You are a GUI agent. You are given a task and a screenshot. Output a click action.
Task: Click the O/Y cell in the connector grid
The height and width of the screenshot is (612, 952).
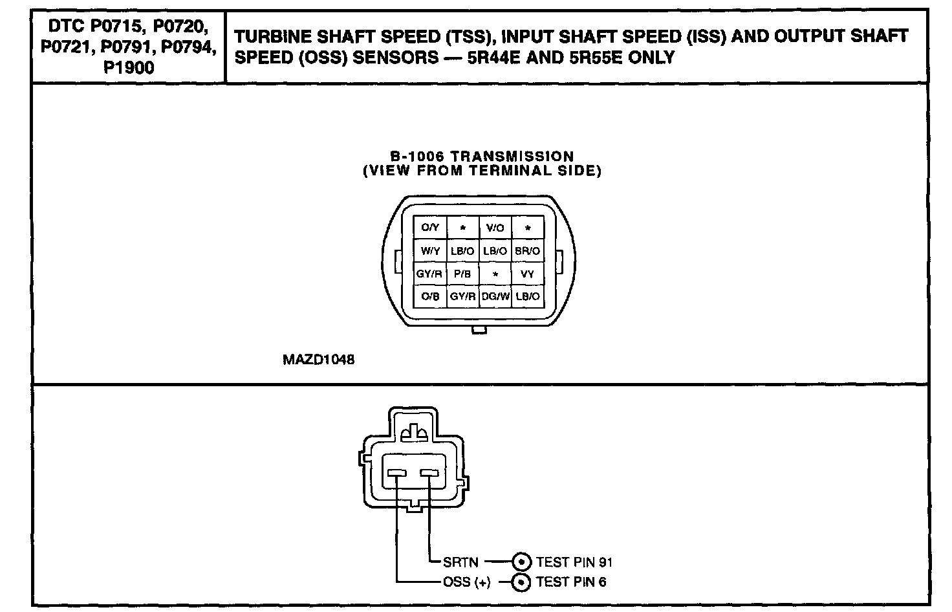(430, 228)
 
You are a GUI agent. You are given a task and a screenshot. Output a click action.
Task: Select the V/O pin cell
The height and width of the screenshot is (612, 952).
(495, 228)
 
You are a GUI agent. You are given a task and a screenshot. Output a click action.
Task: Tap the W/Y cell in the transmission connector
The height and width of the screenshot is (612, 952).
(430, 250)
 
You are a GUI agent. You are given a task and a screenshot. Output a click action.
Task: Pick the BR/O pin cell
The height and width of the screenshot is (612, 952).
(528, 250)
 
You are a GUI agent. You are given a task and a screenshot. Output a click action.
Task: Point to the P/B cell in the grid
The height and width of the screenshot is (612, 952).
(462, 274)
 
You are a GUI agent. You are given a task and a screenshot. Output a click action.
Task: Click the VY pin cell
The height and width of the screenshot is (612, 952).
(528, 274)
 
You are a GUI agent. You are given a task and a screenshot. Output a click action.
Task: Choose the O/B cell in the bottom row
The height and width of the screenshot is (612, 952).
(430, 296)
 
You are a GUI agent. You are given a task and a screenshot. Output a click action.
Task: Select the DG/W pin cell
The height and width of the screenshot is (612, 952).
(495, 296)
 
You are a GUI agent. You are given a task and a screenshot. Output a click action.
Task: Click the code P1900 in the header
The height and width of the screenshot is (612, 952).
(129, 67)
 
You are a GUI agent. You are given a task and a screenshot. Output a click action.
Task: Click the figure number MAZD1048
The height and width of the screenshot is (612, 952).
(318, 360)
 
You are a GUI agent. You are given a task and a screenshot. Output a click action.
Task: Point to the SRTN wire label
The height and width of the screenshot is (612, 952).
(460, 562)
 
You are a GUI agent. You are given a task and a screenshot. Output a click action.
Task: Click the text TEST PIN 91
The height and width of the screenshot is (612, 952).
(574, 562)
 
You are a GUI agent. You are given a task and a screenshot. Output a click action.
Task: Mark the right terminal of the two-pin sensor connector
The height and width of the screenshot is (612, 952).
(429, 475)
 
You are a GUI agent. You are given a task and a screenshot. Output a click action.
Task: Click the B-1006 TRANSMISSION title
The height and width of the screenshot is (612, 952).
(482, 157)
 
